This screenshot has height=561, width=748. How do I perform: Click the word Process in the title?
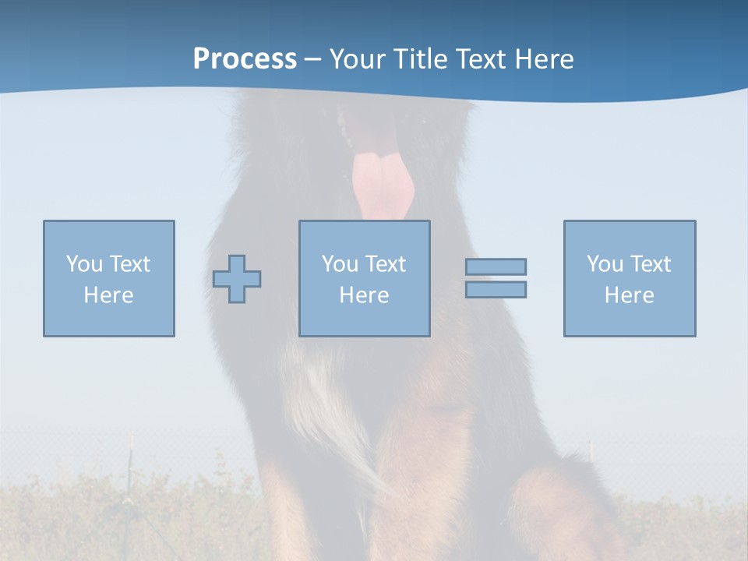coord(245,59)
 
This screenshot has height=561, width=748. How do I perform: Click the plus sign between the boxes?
coord(237,279)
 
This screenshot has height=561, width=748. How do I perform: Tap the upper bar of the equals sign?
coord(496,266)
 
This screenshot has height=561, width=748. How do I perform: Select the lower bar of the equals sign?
coord(496,290)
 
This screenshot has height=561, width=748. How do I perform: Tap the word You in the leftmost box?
coord(84,264)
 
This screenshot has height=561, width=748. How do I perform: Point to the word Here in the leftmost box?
coord(108,295)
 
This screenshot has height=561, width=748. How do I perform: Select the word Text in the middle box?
coord(386,264)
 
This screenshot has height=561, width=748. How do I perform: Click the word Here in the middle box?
coord(364,295)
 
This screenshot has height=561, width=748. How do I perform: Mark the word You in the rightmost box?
coord(605,264)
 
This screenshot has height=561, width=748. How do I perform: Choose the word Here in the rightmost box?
coord(629,295)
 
